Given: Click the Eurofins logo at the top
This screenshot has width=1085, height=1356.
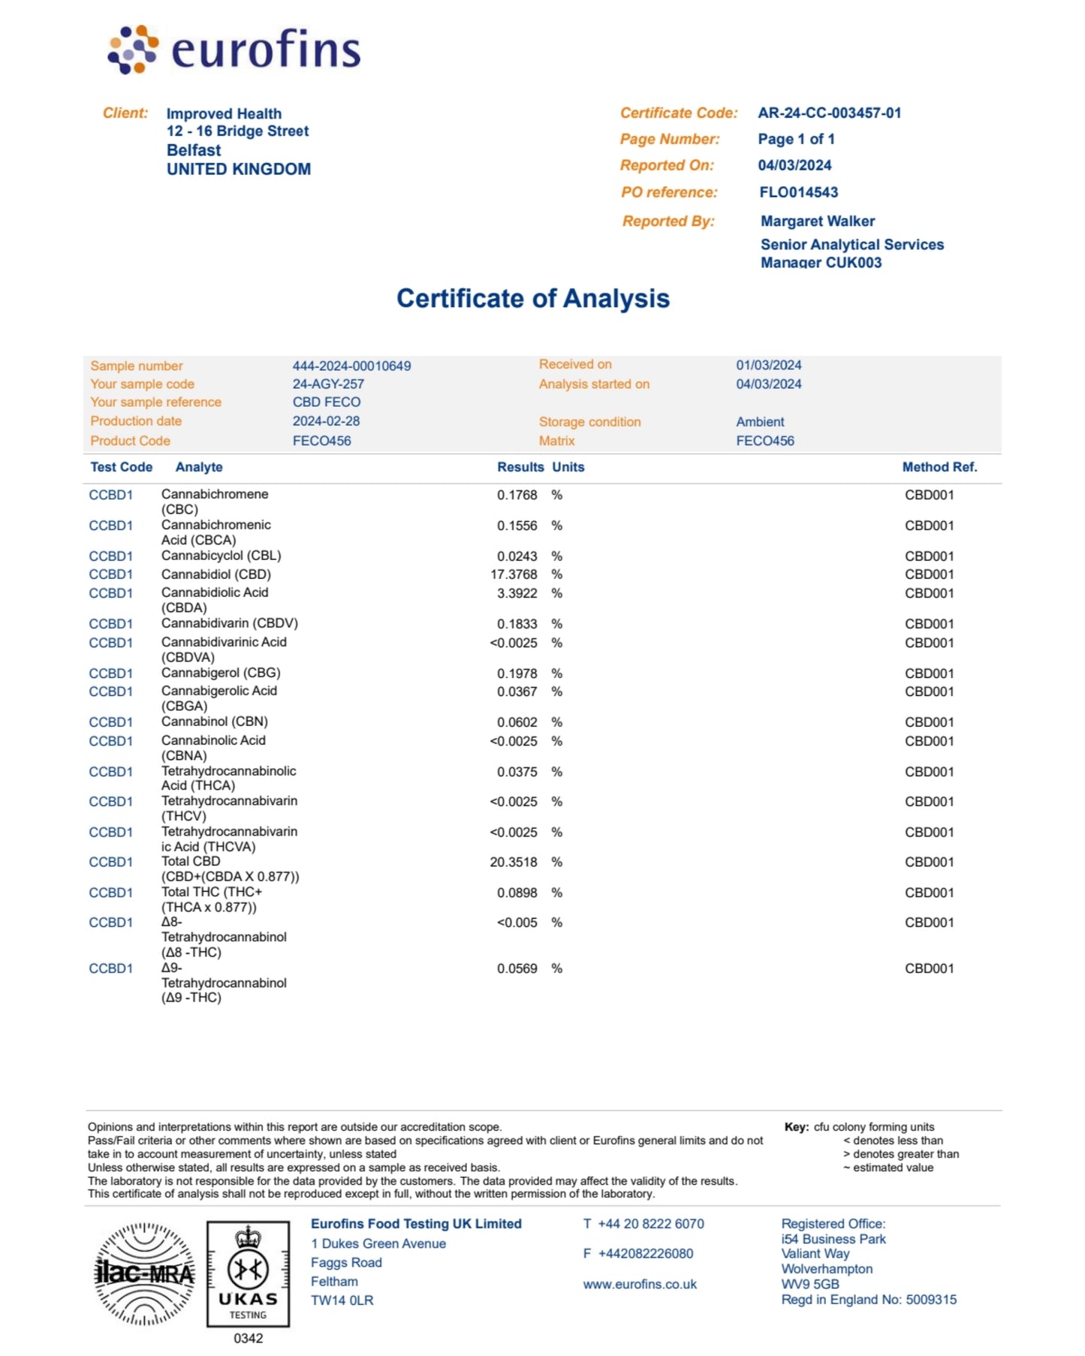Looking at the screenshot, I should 234,50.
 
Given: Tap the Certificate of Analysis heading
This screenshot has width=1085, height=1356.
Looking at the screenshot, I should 532,298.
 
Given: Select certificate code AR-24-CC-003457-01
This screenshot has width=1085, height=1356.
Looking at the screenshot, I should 829,113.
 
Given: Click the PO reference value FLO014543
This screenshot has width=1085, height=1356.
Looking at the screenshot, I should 798,192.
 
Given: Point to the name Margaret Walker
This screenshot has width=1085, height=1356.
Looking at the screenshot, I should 817,221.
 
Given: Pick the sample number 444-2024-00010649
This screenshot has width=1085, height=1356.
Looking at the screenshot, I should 351,366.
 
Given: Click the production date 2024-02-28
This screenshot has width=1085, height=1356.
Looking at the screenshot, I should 326,421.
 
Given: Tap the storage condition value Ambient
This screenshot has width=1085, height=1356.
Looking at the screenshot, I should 759,422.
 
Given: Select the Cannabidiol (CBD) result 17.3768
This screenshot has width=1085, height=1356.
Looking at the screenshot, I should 514,574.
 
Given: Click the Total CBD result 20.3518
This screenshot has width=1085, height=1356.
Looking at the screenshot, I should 514,862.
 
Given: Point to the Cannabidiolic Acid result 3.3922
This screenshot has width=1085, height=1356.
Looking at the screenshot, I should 517,593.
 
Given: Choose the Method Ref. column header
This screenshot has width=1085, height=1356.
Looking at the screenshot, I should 939,467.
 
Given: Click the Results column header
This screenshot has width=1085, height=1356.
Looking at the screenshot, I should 520,467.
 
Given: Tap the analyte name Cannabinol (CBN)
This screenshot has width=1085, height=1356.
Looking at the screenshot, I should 214,722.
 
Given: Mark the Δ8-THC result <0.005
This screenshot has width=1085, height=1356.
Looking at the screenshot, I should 517,923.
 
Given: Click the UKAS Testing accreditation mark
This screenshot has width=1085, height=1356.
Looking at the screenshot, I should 248,1273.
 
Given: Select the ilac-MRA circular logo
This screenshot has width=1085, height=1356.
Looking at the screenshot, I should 144,1273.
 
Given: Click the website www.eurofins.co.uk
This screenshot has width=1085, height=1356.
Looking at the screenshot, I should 640,1285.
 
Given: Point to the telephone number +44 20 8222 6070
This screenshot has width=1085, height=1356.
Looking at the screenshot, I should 650,1224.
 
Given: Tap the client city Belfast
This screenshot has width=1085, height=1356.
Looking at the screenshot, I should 194,150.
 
